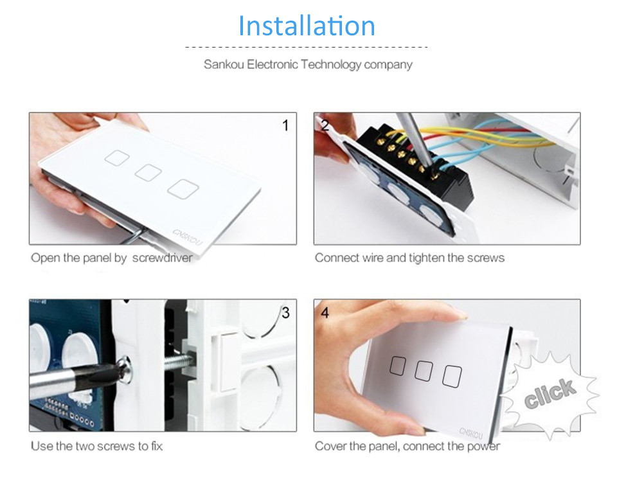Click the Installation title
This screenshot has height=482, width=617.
[x=307, y=26]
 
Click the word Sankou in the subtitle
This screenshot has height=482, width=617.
[x=224, y=64]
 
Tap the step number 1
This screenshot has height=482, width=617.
[x=286, y=125]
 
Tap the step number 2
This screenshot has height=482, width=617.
[x=325, y=125]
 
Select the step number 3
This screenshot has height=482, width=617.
[x=286, y=313]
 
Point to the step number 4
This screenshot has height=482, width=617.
[x=325, y=313]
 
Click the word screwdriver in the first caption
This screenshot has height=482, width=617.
[x=162, y=258]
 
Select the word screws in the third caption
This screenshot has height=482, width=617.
[x=116, y=446]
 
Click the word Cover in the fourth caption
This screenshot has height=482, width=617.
[x=330, y=446]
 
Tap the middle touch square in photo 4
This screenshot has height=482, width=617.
[x=424, y=370]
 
